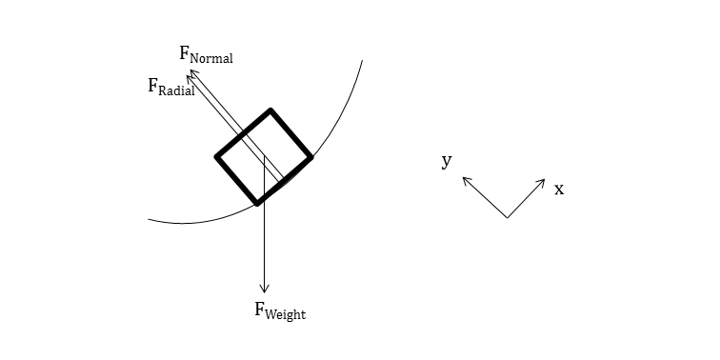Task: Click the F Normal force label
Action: [x=206, y=54]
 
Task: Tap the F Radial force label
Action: [x=171, y=88]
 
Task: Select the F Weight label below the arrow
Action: [x=280, y=310]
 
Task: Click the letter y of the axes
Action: [x=446, y=161]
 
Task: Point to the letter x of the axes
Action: [x=559, y=189]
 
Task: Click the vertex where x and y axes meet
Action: [x=507, y=218]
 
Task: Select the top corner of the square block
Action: [x=271, y=111]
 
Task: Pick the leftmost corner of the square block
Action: [x=218, y=157]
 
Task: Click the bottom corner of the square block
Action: [x=257, y=202]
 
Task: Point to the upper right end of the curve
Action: [x=362, y=61]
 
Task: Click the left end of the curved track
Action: [x=150, y=220]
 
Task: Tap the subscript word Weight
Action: [x=287, y=313]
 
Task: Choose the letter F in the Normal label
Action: [x=185, y=52]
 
